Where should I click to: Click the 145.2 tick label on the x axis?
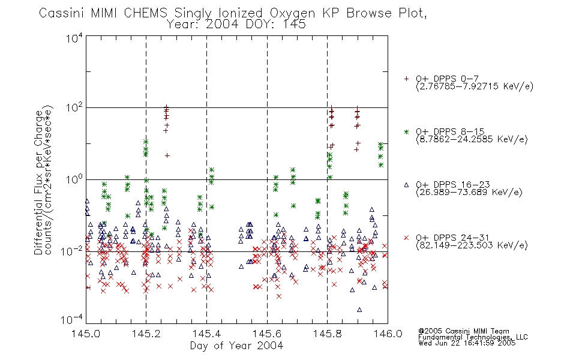tap(146, 334)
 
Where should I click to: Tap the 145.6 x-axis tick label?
tap(267, 334)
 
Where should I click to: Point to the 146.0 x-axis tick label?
tap(388, 334)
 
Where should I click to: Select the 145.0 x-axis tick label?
tap(86, 334)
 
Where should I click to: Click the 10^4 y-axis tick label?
tap(74, 38)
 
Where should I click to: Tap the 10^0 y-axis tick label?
tap(74, 180)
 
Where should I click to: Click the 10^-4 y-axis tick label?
tap(73, 320)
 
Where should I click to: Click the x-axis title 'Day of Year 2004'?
tap(236, 346)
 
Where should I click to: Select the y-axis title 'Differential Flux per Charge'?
tap(38, 182)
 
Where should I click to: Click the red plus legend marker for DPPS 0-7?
tap(406, 79)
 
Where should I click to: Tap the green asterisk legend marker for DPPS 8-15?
tap(406, 131)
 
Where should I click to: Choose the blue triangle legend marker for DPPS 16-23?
tap(406, 185)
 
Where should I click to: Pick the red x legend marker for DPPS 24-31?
tap(406, 238)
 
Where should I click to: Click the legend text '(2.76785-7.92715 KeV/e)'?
tap(475, 86)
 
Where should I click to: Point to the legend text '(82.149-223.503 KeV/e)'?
tap(472, 245)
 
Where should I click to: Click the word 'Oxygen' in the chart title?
tap(292, 13)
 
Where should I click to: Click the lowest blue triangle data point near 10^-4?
tap(359, 310)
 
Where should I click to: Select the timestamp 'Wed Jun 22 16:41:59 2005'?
tap(467, 343)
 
